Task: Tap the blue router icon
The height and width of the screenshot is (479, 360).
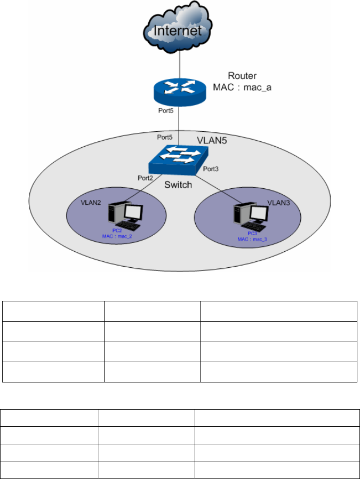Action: [x=178, y=90]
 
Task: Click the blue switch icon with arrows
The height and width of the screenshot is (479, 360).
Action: [x=178, y=159]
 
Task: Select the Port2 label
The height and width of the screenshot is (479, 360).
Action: [x=146, y=178]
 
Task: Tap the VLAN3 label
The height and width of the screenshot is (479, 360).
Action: [x=277, y=204]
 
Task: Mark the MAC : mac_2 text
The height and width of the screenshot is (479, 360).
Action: [x=118, y=235]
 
